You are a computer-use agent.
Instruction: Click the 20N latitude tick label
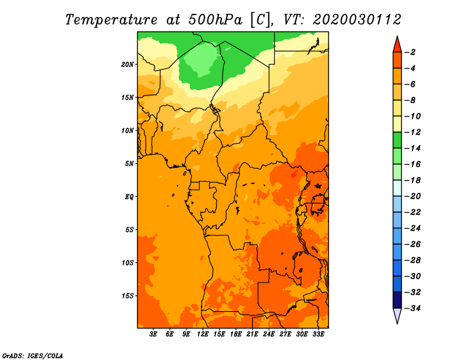click(127, 65)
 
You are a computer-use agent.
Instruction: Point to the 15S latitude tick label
click(128, 296)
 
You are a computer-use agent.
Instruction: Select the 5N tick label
click(129, 164)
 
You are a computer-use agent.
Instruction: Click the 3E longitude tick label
click(153, 334)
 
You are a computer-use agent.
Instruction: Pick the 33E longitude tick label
click(318, 334)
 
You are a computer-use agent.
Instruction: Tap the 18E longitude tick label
click(236, 334)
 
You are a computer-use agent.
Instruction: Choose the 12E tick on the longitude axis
click(203, 334)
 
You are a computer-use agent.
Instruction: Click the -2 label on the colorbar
click(410, 52)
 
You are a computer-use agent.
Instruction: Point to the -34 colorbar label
click(412, 308)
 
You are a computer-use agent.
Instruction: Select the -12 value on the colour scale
click(412, 132)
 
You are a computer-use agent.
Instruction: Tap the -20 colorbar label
click(412, 196)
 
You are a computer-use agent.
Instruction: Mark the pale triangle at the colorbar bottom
click(397, 315)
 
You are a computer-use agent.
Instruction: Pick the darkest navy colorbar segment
click(397, 300)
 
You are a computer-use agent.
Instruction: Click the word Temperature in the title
click(111, 20)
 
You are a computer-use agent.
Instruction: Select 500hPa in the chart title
click(216, 20)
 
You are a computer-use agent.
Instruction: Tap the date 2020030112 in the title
click(357, 20)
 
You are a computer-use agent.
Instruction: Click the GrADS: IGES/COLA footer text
click(33, 356)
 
